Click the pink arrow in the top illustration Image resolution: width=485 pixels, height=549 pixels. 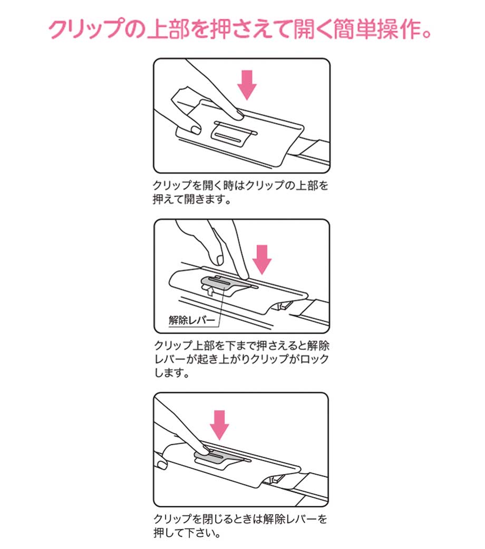247,85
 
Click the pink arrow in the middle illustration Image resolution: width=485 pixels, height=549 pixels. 262,259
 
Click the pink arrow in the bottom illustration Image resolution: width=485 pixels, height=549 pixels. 219,425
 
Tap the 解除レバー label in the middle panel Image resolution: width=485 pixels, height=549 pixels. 191,320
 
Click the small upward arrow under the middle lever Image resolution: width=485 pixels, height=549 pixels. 209,290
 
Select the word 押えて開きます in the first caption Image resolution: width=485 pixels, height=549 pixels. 188,200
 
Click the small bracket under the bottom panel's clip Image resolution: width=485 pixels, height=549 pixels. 275,478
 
